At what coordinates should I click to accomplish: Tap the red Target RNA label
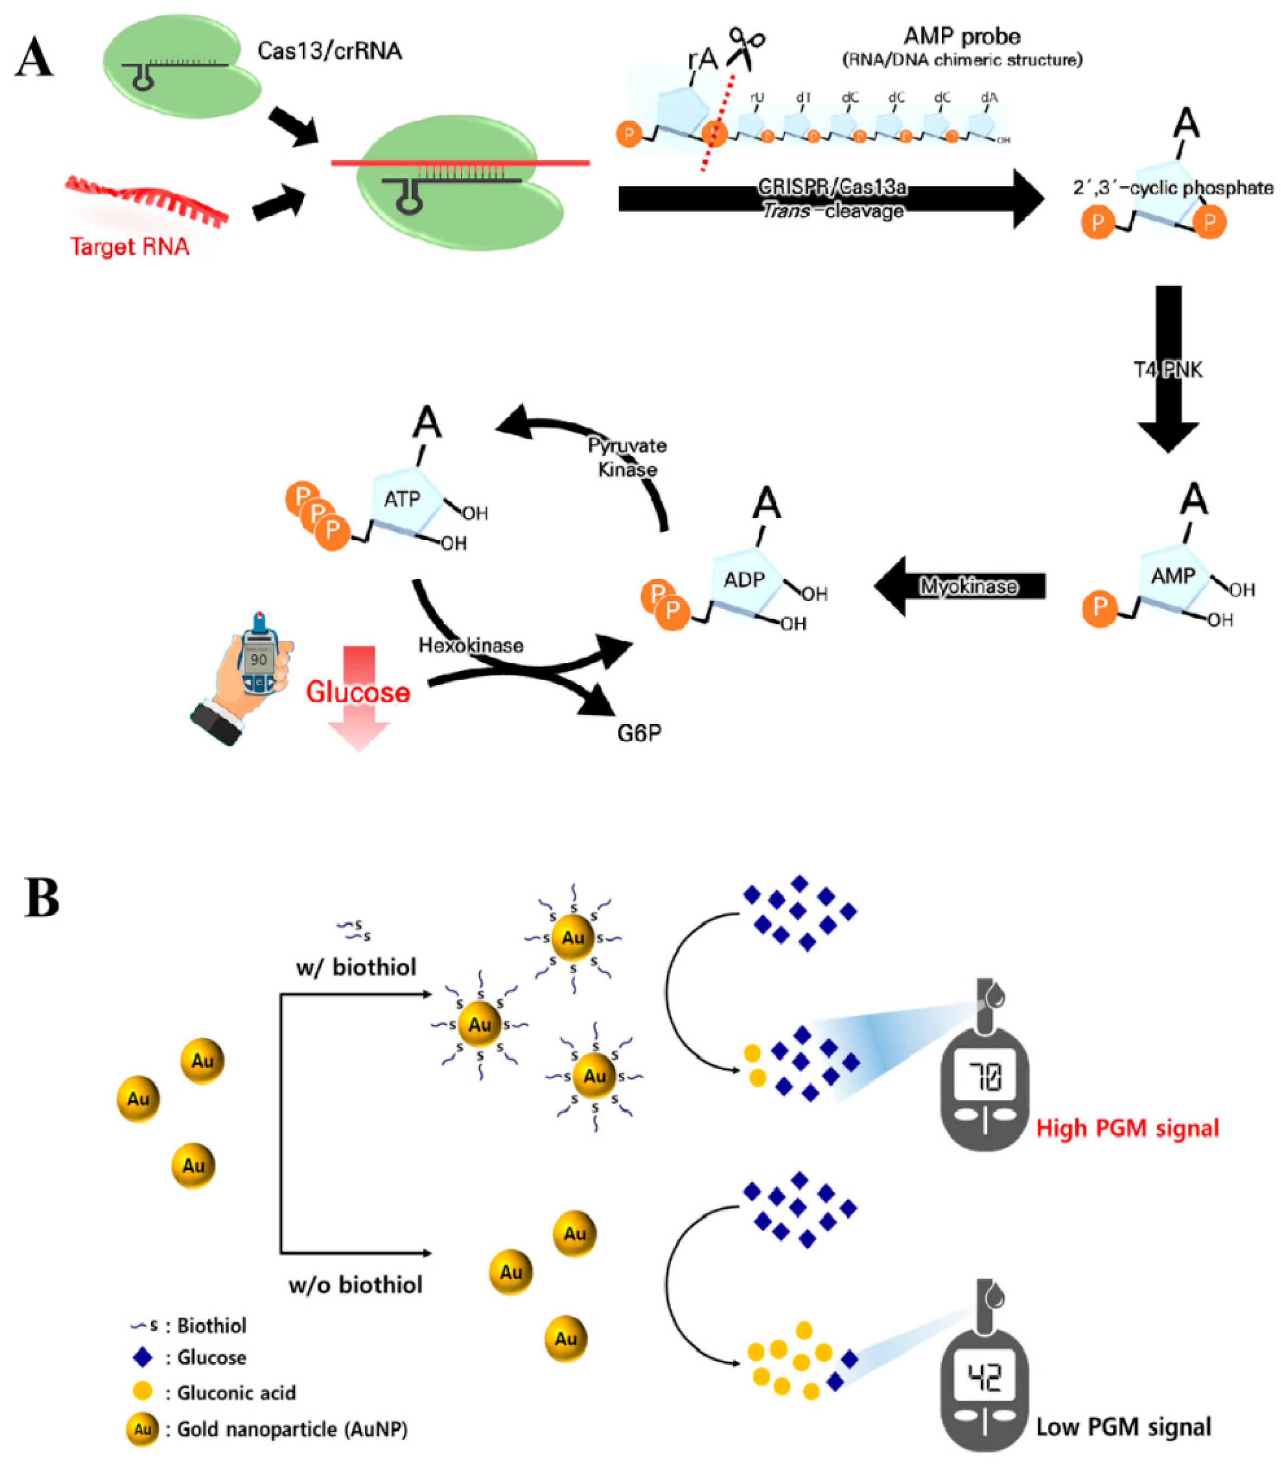130,247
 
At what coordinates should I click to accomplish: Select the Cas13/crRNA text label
330,51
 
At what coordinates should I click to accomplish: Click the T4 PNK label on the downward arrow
1168,370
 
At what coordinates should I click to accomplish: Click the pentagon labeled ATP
402,500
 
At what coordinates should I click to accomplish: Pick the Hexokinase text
470,645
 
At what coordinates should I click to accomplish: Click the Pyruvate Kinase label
627,458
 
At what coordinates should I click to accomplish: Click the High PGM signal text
1128,1129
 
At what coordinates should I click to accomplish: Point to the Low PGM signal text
1124,1427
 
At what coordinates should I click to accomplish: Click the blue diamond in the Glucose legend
143,1357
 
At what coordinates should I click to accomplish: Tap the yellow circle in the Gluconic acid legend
143,1392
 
